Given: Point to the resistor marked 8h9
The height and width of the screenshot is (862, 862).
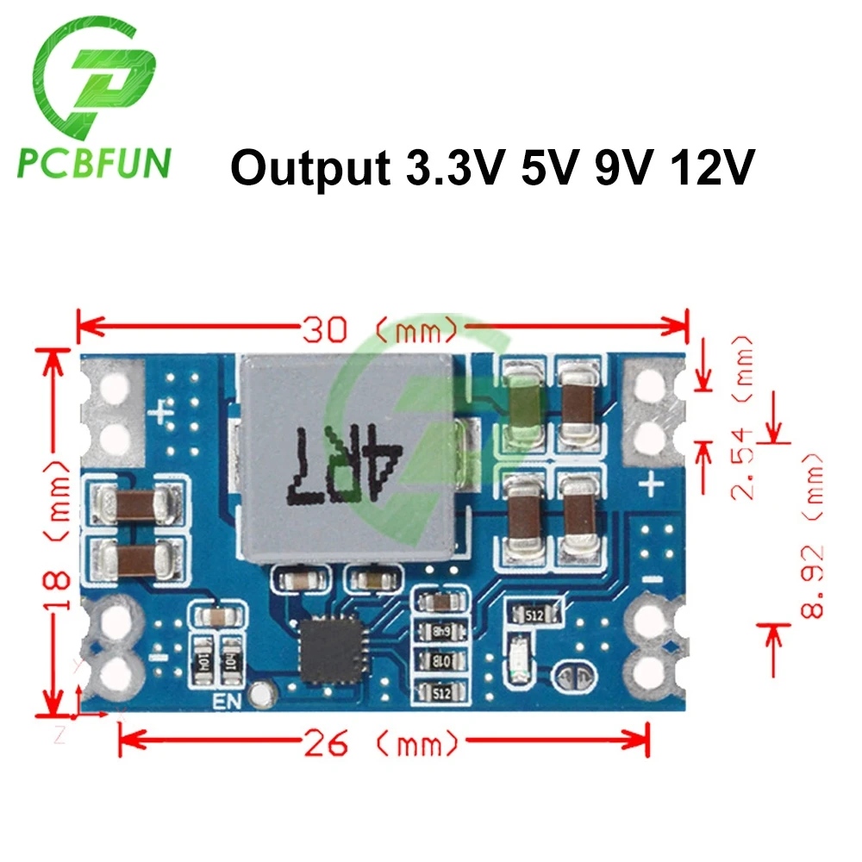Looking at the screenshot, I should pos(442,631).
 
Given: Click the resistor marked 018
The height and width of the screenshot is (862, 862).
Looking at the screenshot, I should pos(442,661).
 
